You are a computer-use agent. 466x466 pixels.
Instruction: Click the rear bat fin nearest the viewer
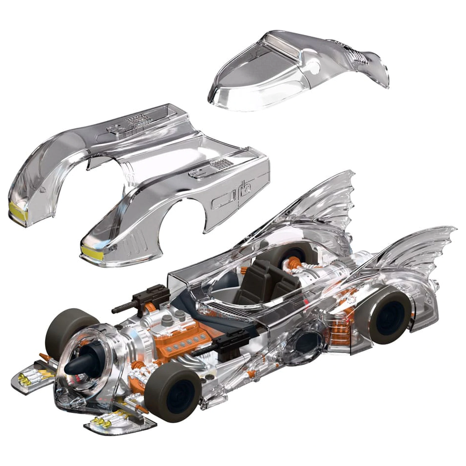point(413,255)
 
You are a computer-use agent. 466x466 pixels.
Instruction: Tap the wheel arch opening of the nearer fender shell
point(183,217)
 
